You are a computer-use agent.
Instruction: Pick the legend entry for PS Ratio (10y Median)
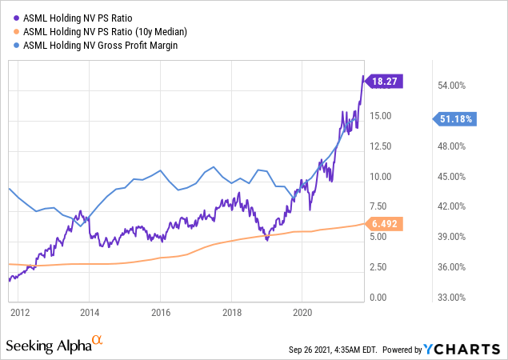click(x=102, y=30)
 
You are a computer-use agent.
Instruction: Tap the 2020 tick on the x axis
click(x=302, y=312)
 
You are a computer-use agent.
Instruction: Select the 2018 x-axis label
click(x=232, y=312)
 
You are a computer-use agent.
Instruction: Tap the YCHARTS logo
click(x=463, y=348)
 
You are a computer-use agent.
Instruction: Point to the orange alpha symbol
click(x=98, y=341)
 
